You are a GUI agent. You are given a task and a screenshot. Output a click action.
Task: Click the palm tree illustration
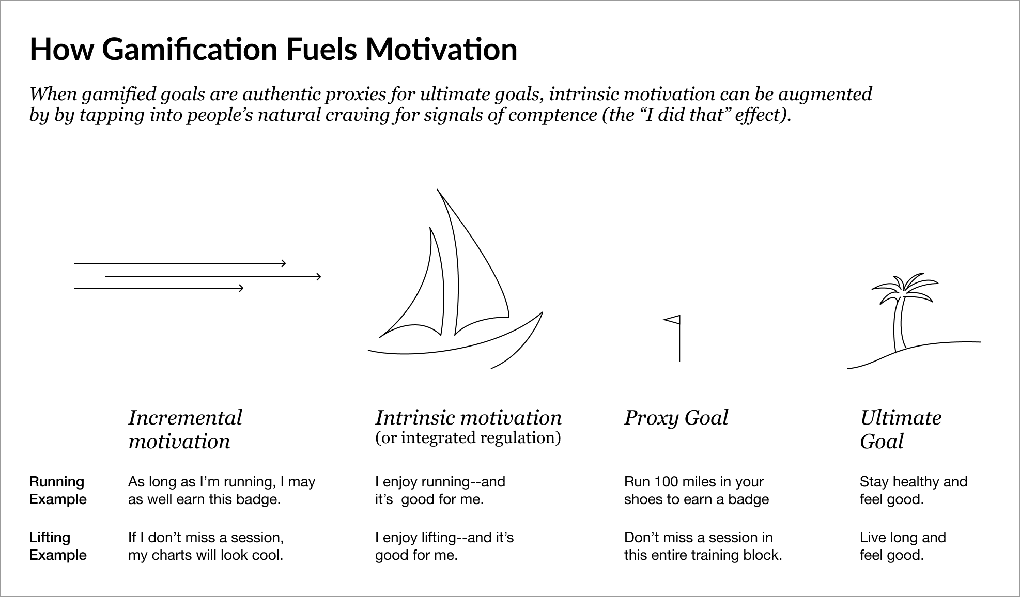point(914,321)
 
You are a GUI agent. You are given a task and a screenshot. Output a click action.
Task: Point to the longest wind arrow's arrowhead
point(318,277)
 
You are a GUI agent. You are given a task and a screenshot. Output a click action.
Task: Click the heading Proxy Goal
point(676,418)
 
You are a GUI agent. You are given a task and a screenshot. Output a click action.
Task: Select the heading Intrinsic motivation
point(468,418)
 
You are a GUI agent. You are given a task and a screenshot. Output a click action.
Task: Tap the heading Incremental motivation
point(185,429)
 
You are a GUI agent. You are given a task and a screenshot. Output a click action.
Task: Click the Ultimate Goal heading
point(901,429)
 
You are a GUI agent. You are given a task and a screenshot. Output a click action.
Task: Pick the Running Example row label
point(58,491)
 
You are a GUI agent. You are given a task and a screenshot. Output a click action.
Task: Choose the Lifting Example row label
point(58,546)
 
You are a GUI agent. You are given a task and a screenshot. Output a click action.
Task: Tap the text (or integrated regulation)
point(468,438)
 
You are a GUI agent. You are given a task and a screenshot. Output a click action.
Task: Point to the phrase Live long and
point(903,538)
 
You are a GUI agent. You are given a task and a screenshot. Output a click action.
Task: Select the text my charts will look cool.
point(206,555)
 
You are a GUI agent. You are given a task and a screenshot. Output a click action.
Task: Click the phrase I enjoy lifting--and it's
point(444,538)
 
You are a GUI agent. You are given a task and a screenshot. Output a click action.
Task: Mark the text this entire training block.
point(703,555)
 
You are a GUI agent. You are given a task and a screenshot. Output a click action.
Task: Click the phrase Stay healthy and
point(914,482)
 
